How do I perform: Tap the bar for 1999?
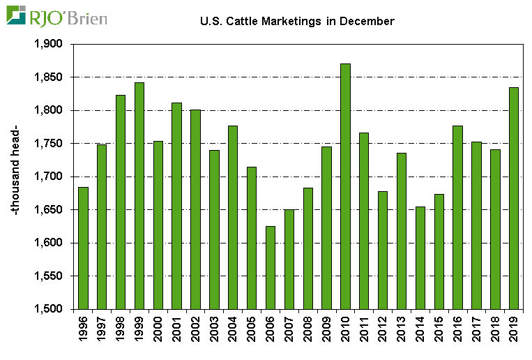[x=139, y=195]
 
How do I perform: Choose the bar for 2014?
[x=420, y=257]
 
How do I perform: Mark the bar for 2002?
[x=195, y=209]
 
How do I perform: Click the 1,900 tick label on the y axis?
[x=48, y=44]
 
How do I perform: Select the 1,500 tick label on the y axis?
[x=48, y=309]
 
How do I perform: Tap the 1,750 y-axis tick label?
[x=48, y=144]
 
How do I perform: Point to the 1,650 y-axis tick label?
[x=48, y=210]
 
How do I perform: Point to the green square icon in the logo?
[x=17, y=15]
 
